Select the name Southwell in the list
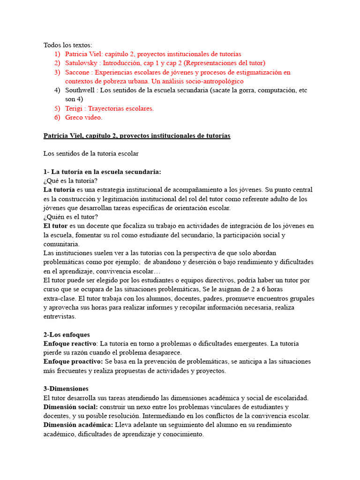(81, 90)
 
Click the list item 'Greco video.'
(83, 118)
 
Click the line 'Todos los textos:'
(68, 45)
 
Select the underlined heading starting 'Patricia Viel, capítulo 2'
(137, 136)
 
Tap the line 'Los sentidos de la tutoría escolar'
(91, 154)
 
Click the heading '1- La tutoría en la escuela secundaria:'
(102, 172)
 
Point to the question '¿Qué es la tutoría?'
(70, 181)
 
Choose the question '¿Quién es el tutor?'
(71, 217)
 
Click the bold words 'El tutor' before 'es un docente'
(55, 226)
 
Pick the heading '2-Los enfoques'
(67, 335)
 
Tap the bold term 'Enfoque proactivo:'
(73, 362)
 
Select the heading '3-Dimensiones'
(66, 389)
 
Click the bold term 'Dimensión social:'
(71, 407)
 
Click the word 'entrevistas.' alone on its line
(60, 317)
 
